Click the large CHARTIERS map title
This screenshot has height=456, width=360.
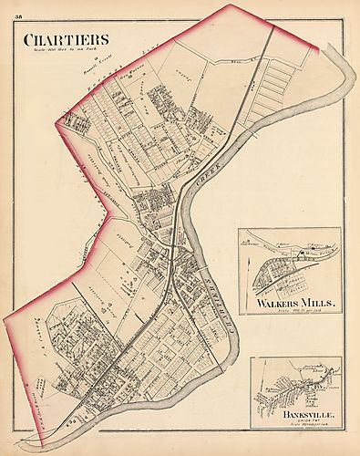click(x=66, y=39)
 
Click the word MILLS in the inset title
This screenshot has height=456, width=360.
click(x=319, y=302)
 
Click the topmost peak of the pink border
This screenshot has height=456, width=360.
click(x=229, y=5)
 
